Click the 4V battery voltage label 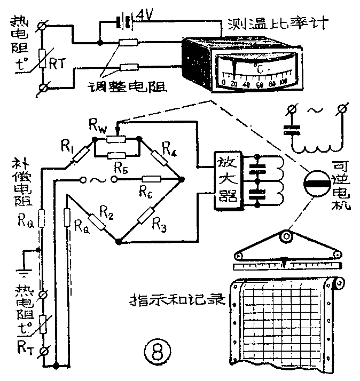146,15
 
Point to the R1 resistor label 67,144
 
